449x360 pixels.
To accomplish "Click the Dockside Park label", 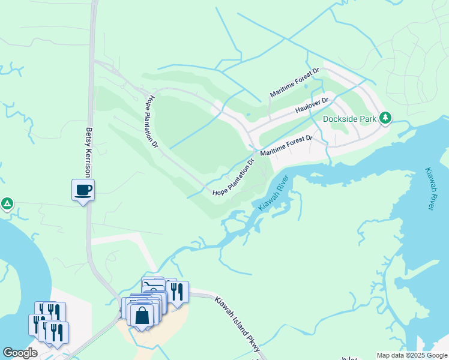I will [x=350, y=119].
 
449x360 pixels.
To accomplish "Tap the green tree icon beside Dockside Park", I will [x=385, y=118].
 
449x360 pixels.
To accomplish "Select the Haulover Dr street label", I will [x=312, y=106].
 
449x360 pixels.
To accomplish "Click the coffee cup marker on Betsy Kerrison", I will [x=83, y=190].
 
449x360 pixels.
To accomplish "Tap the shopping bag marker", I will [x=142, y=316].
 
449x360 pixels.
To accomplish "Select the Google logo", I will [x=20, y=353].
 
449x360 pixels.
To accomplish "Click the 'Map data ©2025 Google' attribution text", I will [x=411, y=355].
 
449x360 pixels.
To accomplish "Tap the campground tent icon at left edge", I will [x=7, y=204].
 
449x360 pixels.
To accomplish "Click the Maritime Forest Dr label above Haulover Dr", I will [x=294, y=83].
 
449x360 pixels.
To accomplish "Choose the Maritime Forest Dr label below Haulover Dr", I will [x=286, y=146].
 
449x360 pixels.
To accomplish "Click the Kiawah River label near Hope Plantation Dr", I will [x=274, y=192].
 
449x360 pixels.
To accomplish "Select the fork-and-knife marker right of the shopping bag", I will [x=176, y=292].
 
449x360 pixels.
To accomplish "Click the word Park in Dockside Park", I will [x=366, y=119].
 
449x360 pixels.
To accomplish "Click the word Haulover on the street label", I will [x=307, y=107].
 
